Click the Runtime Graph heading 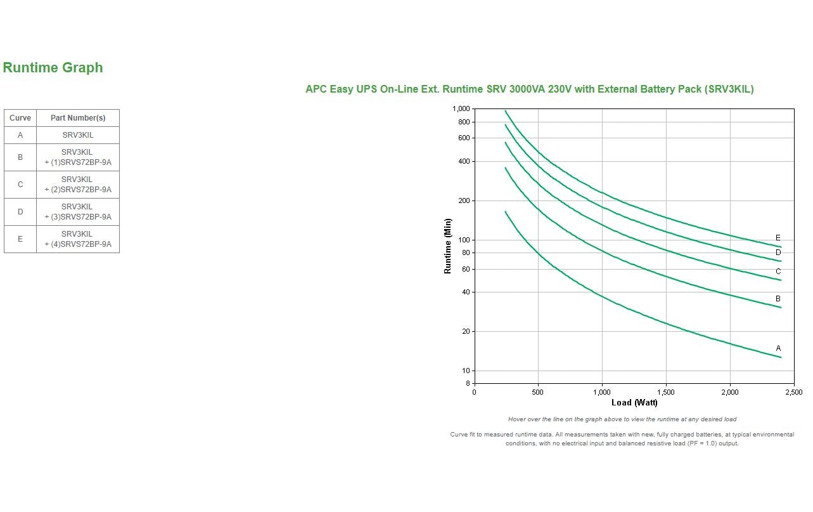coord(53,68)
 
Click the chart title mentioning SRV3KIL coord(529,89)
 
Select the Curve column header coord(20,118)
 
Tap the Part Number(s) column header coord(78,118)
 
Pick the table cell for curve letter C coord(20,185)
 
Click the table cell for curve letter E coord(20,239)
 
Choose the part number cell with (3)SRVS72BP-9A coord(78,212)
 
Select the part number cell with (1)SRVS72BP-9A coord(78,157)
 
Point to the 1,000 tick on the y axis coord(461,109)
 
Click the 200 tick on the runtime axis coord(464,200)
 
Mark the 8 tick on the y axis coord(468,383)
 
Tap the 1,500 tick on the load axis coord(665,392)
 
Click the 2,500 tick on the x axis coord(793,392)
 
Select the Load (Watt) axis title coord(634,403)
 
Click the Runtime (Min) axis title coord(448,246)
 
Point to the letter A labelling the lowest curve coord(778,348)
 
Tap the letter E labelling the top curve coord(778,239)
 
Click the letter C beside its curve coord(778,272)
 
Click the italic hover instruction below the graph coord(622,419)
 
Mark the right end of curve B coord(781,308)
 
